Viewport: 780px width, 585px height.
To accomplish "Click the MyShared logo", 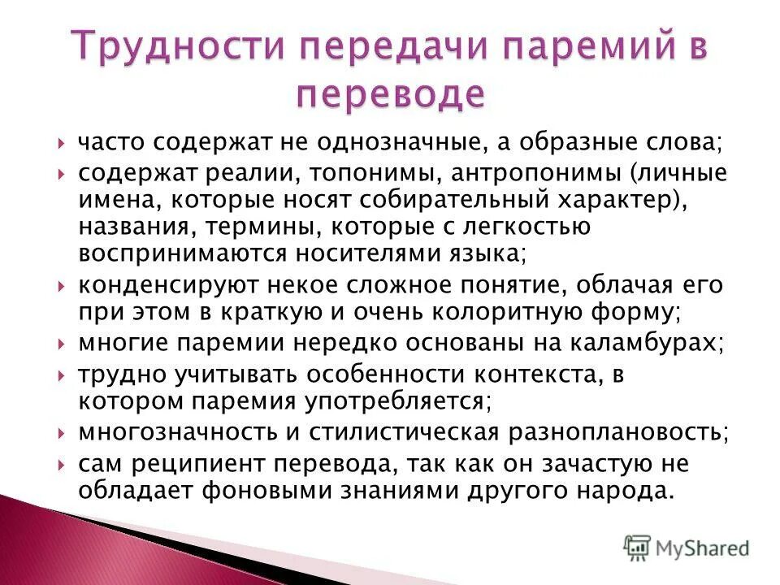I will pos(687,548).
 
